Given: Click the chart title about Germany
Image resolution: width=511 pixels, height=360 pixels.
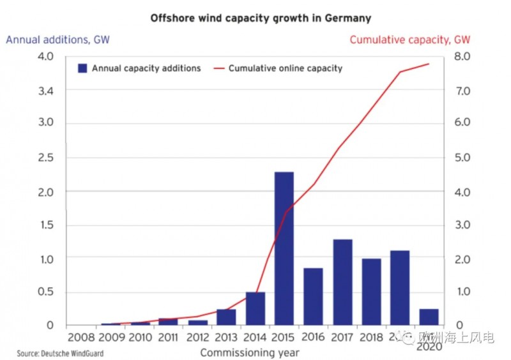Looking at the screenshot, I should [x=260, y=18].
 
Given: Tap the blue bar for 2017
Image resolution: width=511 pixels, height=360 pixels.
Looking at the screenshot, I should [x=342, y=281].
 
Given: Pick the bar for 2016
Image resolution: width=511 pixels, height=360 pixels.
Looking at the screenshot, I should [x=313, y=296].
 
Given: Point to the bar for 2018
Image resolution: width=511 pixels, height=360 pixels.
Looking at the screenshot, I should [x=371, y=291].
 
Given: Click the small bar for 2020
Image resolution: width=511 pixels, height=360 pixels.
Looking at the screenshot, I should [x=429, y=317].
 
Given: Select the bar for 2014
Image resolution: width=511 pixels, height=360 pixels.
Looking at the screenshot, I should [x=255, y=308].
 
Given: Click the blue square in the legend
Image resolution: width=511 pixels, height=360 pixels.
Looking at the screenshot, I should [x=82, y=68].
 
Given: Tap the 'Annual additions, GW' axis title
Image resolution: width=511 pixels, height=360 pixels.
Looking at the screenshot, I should [x=57, y=40].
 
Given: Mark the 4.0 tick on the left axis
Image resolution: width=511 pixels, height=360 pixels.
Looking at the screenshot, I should [x=45, y=56].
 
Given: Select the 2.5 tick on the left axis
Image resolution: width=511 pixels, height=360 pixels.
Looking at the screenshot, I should [x=45, y=157].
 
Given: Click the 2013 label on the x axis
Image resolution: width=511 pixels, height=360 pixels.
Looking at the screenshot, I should [x=225, y=336].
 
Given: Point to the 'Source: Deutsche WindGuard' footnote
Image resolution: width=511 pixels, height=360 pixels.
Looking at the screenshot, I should [x=60, y=353].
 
